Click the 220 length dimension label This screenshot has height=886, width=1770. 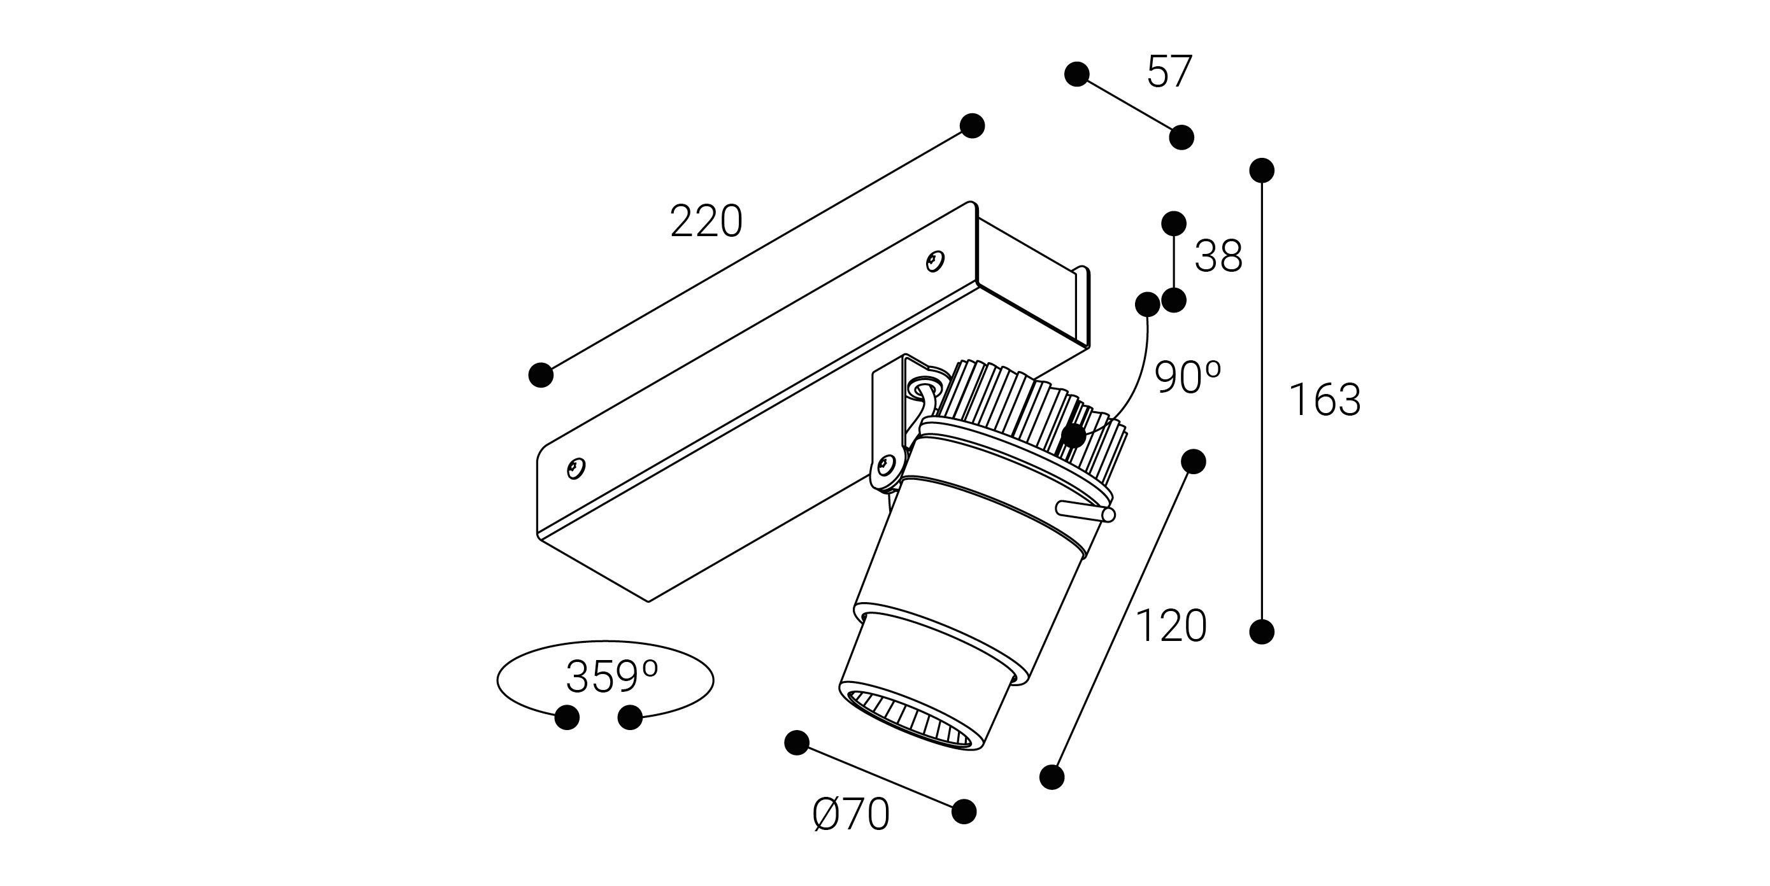(x=706, y=221)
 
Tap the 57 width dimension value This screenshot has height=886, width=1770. (x=1169, y=71)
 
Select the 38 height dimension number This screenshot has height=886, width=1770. (x=1218, y=257)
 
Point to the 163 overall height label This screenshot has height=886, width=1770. (x=1324, y=400)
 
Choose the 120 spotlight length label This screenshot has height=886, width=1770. (x=1171, y=626)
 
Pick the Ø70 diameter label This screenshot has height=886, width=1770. (x=851, y=815)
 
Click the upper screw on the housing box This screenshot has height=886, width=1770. (x=935, y=261)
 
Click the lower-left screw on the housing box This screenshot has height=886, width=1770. (x=576, y=468)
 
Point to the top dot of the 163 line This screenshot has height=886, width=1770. (x=1262, y=171)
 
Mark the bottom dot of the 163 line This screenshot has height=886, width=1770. (x=1262, y=631)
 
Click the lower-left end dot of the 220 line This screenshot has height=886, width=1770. (x=541, y=375)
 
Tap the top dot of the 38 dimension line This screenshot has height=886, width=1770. (x=1174, y=223)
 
